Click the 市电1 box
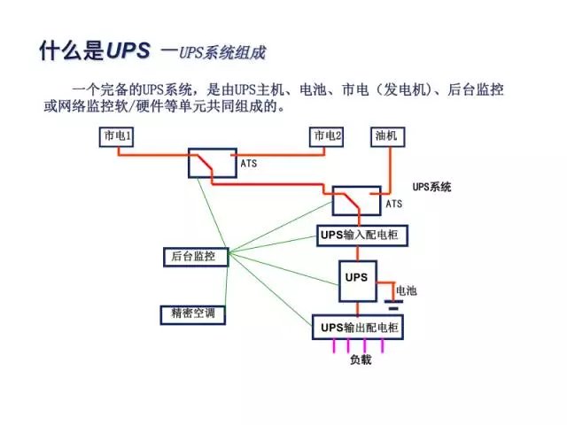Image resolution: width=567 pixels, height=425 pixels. [x=116, y=137]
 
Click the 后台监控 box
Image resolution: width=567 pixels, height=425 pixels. [x=194, y=256]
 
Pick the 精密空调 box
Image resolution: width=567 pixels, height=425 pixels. [x=193, y=313]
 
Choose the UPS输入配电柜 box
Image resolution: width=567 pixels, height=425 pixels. [x=357, y=234]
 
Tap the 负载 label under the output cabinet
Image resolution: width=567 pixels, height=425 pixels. [x=361, y=359]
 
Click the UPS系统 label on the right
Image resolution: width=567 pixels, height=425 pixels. [x=432, y=188]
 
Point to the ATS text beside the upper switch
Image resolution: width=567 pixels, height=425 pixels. [x=249, y=164]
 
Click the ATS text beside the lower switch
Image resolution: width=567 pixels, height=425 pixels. [x=393, y=204]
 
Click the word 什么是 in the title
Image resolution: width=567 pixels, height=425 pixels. [x=71, y=50]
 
